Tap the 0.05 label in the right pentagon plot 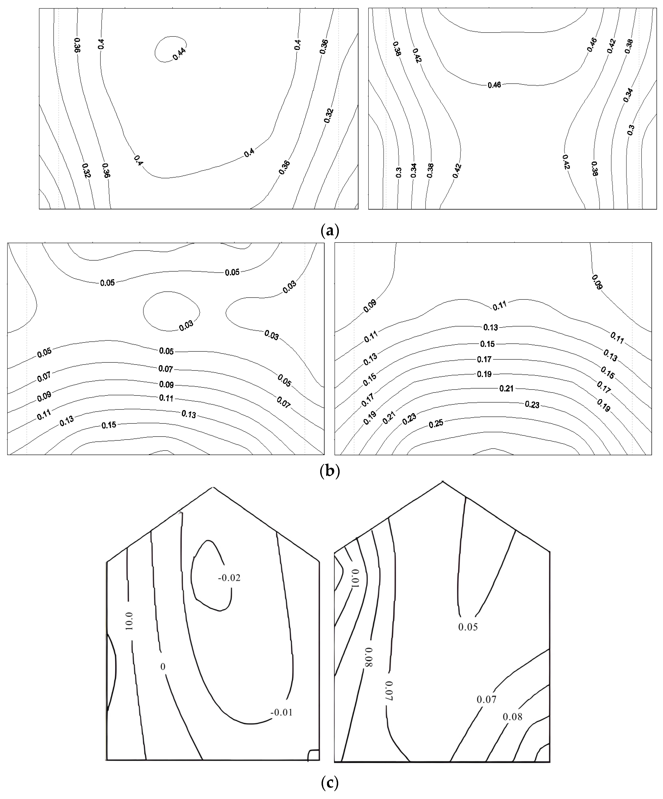(x=468, y=627)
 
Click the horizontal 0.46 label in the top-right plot (x=494, y=85)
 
